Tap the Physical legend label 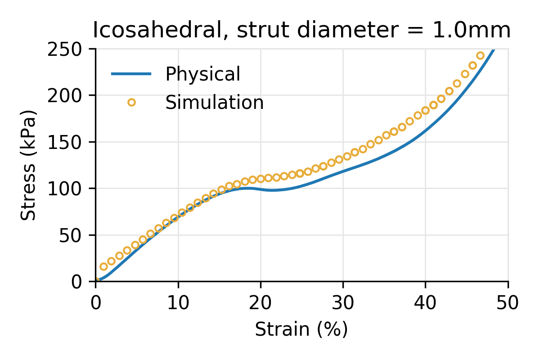tap(202, 74)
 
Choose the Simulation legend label tap(214, 103)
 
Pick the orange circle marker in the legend tap(131, 103)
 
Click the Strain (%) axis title tap(301, 329)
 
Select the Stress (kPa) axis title tap(29, 165)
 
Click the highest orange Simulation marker tap(480, 56)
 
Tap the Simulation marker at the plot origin tap(96, 281)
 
